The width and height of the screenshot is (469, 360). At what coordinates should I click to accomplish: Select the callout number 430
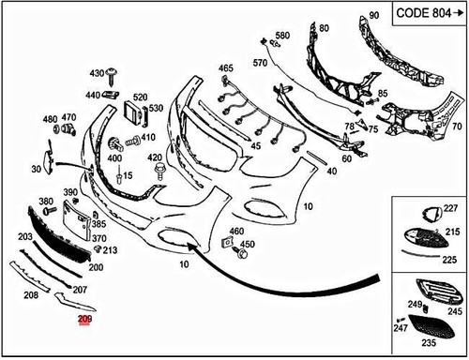pos(97,72)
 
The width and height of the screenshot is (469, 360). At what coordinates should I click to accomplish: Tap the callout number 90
pos(373,16)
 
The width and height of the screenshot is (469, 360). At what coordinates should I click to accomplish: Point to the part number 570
pos(261,63)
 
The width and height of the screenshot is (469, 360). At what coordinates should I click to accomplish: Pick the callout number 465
pos(225,68)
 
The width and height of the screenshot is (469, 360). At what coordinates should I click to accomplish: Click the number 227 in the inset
pos(450,208)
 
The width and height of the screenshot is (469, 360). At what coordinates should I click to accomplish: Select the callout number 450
pos(248,246)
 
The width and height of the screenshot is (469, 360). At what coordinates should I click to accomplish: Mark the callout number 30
pos(36,170)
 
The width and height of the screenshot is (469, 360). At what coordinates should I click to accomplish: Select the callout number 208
pos(31,294)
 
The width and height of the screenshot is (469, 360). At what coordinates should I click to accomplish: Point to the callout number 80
pos(325,29)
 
